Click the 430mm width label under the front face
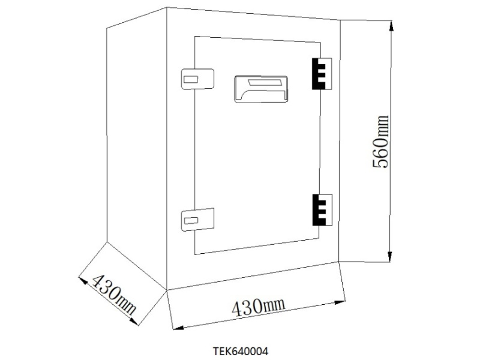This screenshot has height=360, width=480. click(258, 307)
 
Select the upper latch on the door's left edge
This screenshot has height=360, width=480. click(197, 78)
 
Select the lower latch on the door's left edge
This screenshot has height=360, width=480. click(197, 219)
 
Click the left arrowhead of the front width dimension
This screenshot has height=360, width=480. click(175, 328)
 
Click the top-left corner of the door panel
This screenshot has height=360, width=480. click(195, 37)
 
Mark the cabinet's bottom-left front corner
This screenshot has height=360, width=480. click(166, 290)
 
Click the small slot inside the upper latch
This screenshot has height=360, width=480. click(191, 79)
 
